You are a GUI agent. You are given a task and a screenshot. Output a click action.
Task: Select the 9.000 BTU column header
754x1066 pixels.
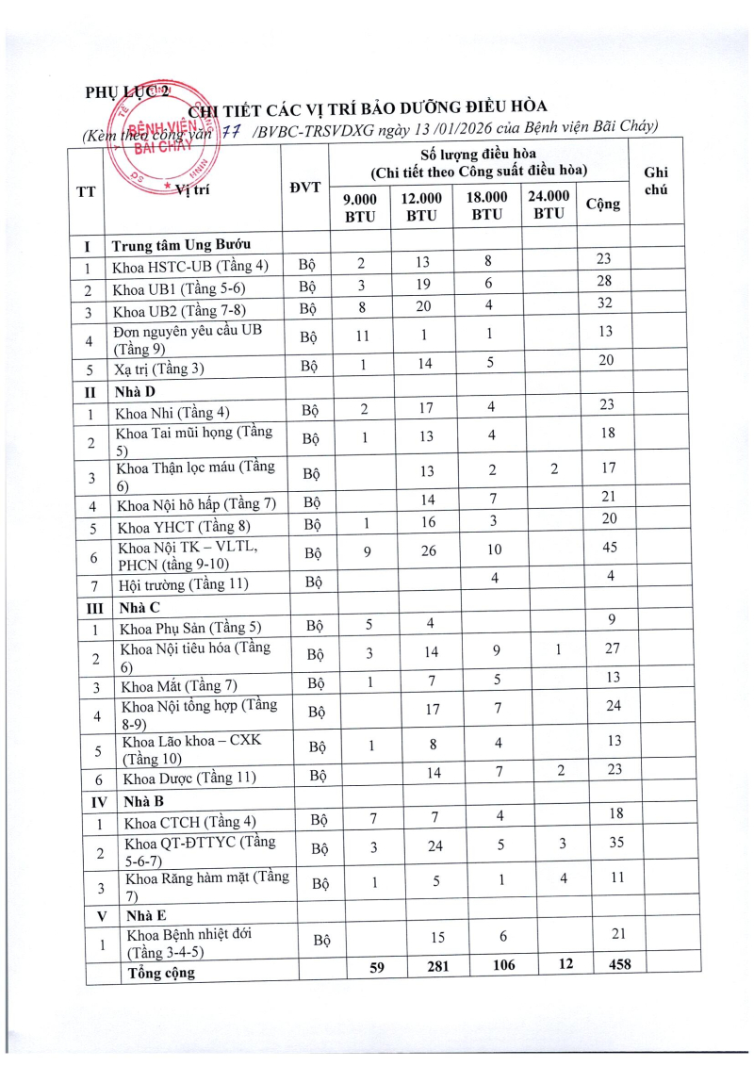[x=359, y=205]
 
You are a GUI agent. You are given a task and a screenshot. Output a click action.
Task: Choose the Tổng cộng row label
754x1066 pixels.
[x=161, y=972]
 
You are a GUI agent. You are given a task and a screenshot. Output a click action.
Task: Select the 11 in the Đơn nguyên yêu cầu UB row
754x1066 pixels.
[x=360, y=333]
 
